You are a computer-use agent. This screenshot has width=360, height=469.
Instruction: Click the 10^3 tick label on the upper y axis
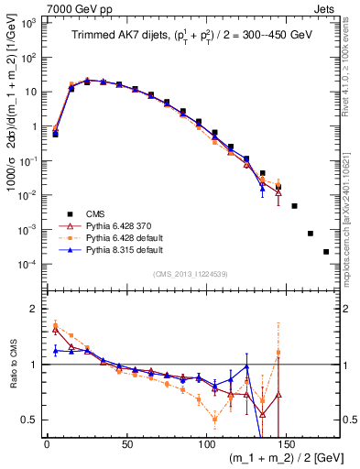point(31,22)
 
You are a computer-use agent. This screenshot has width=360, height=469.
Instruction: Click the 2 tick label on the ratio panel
point(34,309)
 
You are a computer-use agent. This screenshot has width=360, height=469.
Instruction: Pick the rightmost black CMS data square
point(326,251)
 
